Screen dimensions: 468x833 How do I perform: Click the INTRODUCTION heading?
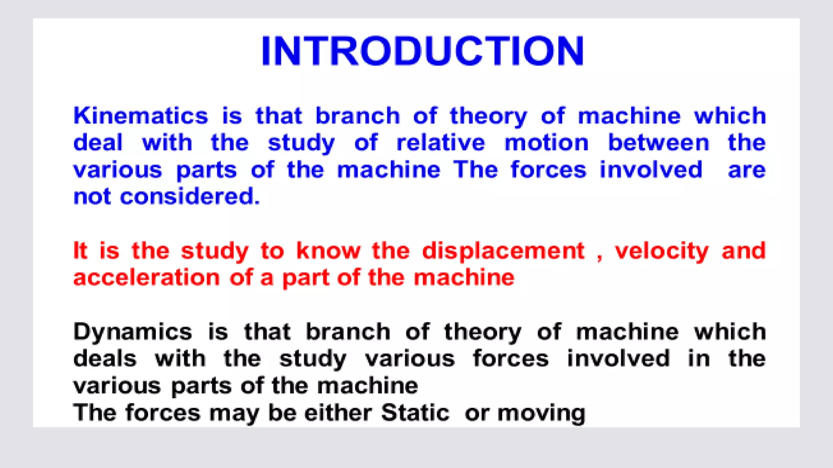click(x=422, y=51)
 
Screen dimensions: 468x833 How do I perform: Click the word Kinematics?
click(x=141, y=116)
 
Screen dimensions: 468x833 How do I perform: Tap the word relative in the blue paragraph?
click(x=440, y=143)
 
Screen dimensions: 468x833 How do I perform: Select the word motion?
click(x=546, y=143)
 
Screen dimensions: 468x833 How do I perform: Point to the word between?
click(x=658, y=143)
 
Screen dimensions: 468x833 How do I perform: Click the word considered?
click(x=189, y=197)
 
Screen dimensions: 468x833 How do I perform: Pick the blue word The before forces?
click(x=475, y=170)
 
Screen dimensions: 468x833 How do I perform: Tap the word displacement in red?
click(x=503, y=251)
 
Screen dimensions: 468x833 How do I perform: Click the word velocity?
click(x=662, y=251)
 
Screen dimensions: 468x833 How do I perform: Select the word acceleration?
click(x=146, y=278)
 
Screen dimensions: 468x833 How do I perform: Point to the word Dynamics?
click(x=132, y=332)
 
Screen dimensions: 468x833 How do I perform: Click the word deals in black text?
click(x=105, y=359)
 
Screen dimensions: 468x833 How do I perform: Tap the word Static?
click(x=415, y=413)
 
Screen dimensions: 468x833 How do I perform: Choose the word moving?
click(x=541, y=414)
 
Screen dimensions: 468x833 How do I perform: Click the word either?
click(x=338, y=413)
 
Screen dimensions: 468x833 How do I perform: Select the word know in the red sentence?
click(x=328, y=251)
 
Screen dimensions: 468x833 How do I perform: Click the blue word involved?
click(x=651, y=170)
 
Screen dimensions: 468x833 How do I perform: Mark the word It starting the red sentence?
click(x=80, y=251)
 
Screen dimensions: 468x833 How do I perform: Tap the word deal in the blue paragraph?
click(x=98, y=143)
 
